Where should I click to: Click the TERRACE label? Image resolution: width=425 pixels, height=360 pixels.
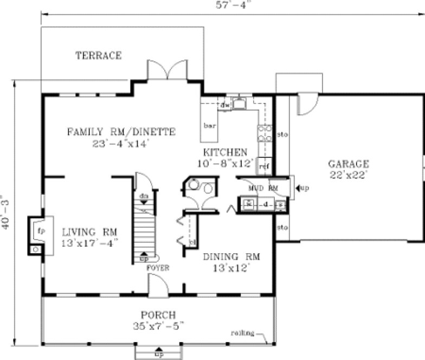click(x=98, y=55)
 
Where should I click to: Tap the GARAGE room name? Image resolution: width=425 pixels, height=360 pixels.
click(x=349, y=164)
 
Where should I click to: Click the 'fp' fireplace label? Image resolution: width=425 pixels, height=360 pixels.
click(x=40, y=229)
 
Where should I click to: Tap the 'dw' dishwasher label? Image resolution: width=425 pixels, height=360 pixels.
click(x=225, y=104)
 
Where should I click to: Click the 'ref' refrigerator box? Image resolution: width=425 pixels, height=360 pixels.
click(x=263, y=166)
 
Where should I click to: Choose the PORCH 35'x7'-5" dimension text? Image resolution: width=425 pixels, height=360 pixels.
click(x=158, y=325)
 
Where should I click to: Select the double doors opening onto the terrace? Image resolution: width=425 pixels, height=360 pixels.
click(x=168, y=71)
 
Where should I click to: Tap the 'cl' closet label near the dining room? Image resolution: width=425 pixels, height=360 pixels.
click(x=192, y=242)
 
